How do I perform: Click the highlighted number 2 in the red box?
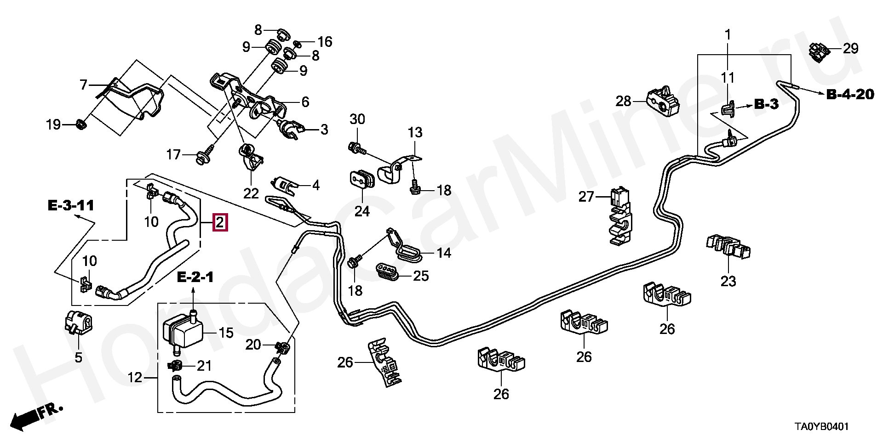pos(220,223)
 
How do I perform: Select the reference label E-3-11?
pos(71,205)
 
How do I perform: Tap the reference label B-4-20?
pos(850,95)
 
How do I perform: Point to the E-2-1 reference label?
pos(195,277)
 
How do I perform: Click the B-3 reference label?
pos(766,104)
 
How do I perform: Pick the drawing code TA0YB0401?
pos(821,427)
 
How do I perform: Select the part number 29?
pos(850,48)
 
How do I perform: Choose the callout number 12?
pos(135,378)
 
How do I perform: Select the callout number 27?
pos(586,197)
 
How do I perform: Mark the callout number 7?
pos(83,85)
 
